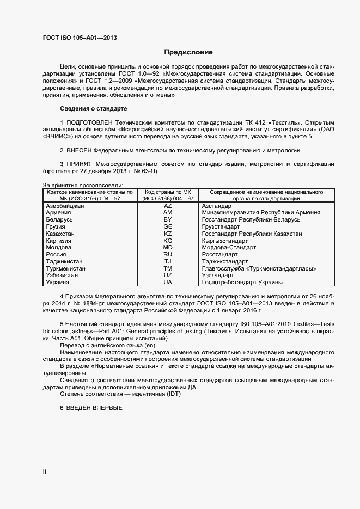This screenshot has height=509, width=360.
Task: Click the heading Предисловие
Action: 188,52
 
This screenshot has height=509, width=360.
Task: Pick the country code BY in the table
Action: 168,219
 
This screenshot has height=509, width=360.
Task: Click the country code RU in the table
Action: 168,254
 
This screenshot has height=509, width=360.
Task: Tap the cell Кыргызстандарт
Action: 228,240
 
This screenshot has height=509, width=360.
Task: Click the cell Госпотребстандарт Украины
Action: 242,283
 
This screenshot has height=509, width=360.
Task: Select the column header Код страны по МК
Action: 168,193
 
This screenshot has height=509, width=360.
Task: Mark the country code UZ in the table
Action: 168,275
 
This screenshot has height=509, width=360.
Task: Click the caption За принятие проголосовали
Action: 83,186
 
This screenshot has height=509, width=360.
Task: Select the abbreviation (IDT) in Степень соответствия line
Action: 170,395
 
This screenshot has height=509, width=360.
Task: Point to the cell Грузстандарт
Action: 221,226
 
